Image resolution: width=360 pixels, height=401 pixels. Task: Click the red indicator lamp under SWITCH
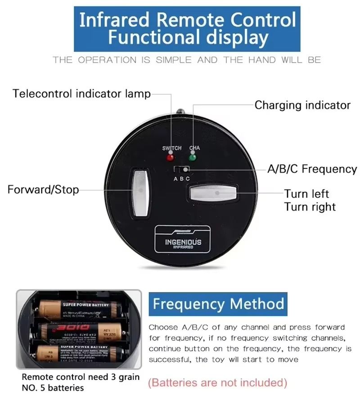coord(170,158)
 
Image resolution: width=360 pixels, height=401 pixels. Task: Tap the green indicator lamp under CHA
coord(193,158)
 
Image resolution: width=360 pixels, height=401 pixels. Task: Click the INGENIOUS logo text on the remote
coord(183,242)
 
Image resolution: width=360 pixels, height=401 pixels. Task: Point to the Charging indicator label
coord(302,105)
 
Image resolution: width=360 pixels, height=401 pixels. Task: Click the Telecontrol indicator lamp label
coord(81,94)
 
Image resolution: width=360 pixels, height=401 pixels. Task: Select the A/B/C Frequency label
coord(312,169)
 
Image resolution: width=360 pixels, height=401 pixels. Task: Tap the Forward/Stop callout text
coord(43,189)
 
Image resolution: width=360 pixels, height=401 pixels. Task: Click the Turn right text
coord(310,207)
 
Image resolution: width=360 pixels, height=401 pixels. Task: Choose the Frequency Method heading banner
coord(218,304)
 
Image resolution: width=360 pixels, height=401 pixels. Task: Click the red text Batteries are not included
coord(218,383)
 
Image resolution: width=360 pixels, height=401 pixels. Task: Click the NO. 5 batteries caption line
coord(53,387)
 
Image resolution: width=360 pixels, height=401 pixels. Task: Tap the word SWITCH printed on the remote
coord(172,148)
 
